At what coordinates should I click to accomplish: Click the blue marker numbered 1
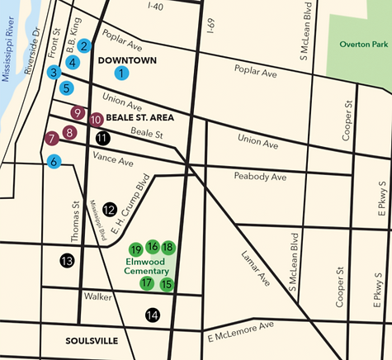(121, 73)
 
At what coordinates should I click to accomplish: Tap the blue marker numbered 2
(83, 46)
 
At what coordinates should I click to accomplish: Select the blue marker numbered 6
(54, 162)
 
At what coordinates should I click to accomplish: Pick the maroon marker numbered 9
(78, 112)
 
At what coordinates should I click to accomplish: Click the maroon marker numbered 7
(51, 138)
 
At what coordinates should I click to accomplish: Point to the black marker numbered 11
(102, 138)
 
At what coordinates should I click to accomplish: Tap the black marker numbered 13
(67, 261)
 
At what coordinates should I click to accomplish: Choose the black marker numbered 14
(152, 314)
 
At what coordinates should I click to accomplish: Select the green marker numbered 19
(136, 249)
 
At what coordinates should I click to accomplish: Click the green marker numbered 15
(167, 285)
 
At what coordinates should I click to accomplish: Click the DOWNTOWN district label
(127, 60)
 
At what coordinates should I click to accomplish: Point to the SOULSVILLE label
(92, 340)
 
